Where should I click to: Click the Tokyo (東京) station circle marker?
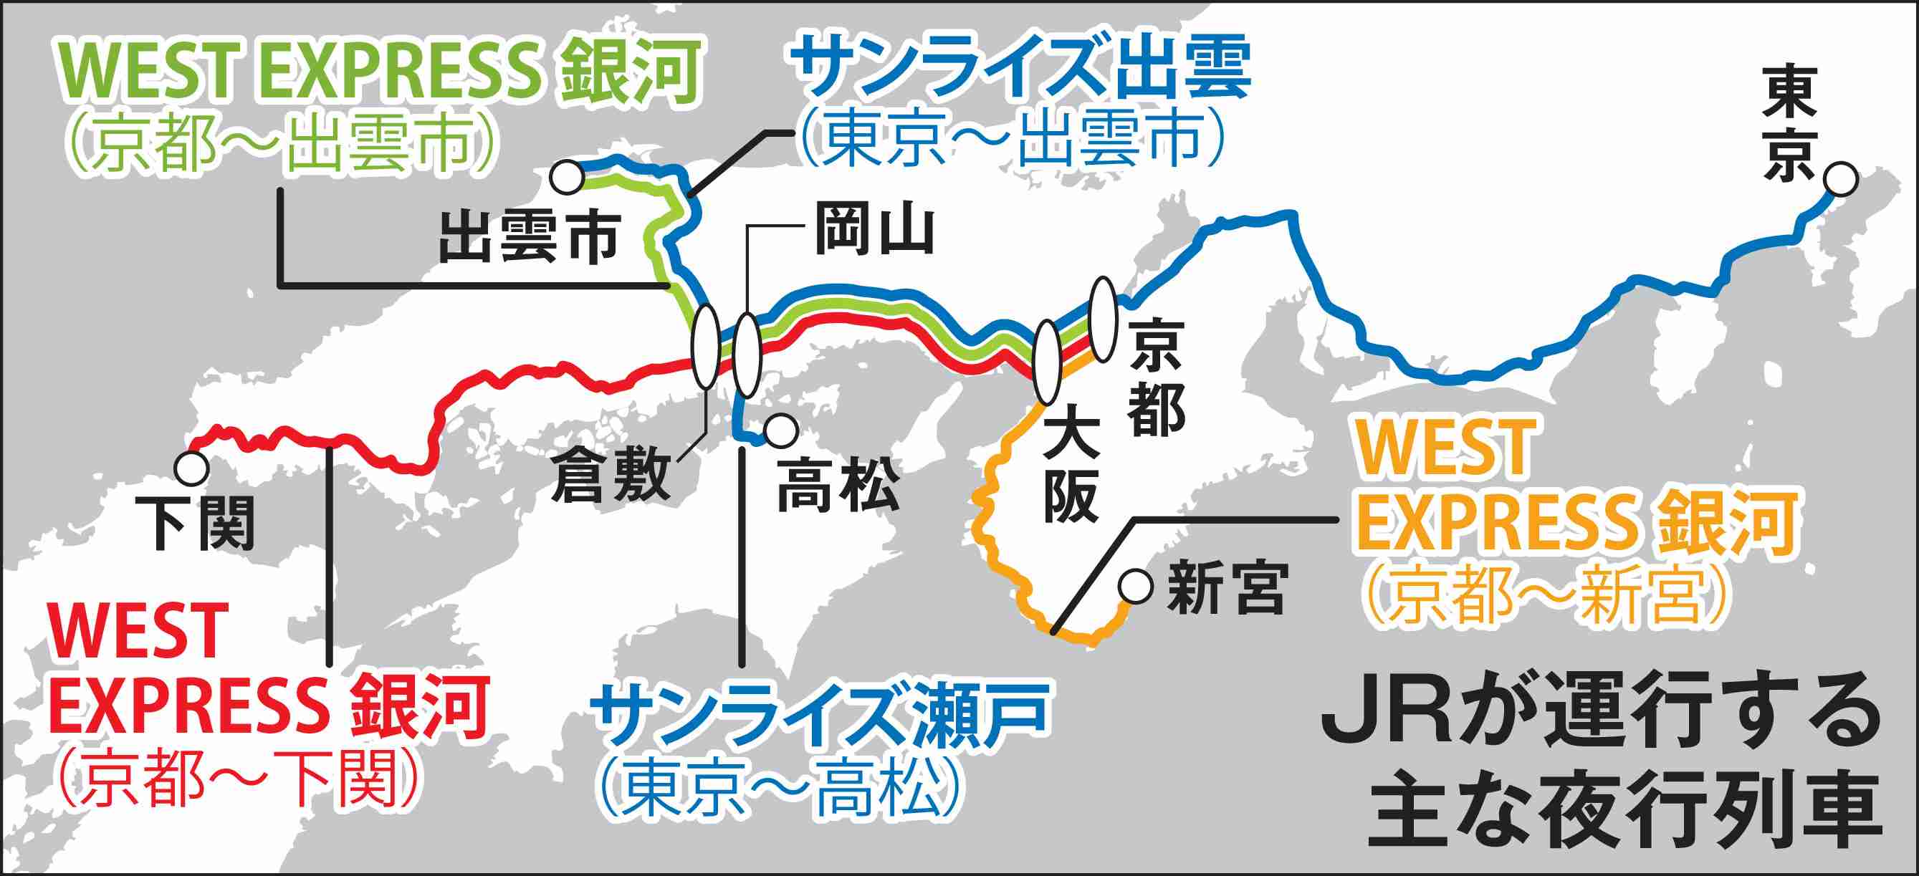[x=1841, y=181]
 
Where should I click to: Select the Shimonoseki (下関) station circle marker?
[x=191, y=468]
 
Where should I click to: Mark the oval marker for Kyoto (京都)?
[x=1103, y=319]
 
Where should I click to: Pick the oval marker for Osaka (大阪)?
[x=1048, y=361]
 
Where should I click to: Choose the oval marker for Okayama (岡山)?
[x=747, y=355]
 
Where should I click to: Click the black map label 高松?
[x=838, y=486]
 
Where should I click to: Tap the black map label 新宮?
[x=1227, y=589]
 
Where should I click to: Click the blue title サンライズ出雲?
[x=1021, y=70]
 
